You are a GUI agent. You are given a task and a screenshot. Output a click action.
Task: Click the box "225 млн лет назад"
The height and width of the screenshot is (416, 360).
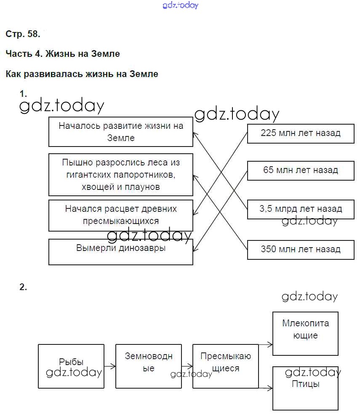point(301,133)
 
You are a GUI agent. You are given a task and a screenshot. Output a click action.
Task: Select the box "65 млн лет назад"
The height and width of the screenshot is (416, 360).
point(301,171)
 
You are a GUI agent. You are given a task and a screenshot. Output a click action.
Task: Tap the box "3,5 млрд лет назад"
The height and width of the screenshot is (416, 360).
point(301,209)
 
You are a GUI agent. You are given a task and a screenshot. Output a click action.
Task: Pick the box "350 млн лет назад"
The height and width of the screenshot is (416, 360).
point(301,249)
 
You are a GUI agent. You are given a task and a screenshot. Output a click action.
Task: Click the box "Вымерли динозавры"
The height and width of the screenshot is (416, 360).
point(121,252)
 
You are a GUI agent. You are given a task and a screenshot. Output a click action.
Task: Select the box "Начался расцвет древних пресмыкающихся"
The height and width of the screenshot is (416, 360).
point(121,216)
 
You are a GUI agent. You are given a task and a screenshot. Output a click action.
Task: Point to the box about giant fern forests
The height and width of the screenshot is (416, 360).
point(121,175)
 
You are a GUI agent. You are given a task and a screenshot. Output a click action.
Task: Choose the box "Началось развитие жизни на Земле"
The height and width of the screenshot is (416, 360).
point(121,132)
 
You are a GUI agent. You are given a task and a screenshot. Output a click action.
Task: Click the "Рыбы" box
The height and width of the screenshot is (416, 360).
point(71,366)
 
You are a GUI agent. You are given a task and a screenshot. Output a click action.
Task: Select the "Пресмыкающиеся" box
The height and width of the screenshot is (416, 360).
point(226,366)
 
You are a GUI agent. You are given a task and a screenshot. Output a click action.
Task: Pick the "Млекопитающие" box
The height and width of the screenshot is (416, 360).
point(305,333)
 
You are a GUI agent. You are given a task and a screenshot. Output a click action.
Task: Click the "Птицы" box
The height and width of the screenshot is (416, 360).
point(305,388)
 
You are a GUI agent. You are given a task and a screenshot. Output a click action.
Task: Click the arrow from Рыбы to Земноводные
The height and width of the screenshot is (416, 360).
point(109,366)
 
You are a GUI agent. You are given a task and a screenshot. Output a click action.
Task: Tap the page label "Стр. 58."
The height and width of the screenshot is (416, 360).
point(23,34)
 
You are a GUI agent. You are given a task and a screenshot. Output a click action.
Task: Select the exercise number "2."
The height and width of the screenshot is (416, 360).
point(23,287)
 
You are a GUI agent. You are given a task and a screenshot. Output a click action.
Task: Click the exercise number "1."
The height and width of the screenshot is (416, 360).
point(23,93)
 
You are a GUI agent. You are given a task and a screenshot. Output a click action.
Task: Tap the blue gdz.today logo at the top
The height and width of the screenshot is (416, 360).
point(180,5)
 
